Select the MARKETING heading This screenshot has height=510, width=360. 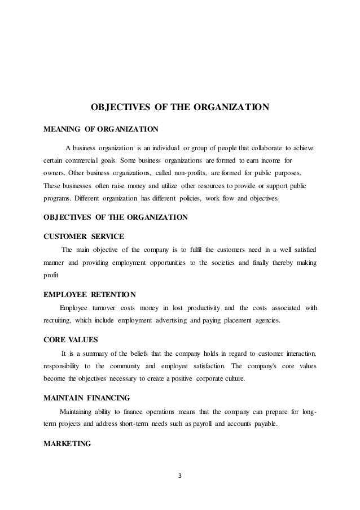pos(67,444)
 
